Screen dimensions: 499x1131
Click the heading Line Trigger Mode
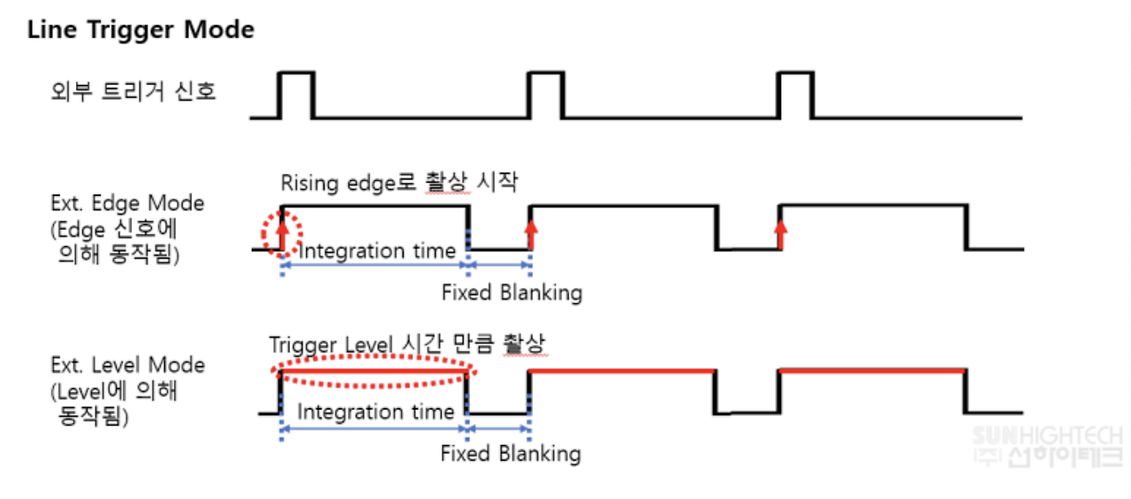pos(140,30)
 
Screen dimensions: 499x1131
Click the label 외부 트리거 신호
pos(133,91)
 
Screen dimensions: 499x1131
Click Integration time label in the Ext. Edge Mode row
pos(378,251)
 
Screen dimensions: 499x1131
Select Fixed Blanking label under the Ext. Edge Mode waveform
pos(512,292)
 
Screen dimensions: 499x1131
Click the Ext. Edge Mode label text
pos(127,203)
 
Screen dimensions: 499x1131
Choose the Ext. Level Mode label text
pos(127,366)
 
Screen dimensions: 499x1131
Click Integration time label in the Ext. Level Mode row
pos(376,412)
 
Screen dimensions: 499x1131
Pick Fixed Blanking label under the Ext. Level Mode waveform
pos(511,454)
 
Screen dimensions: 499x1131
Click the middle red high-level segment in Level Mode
pos(621,371)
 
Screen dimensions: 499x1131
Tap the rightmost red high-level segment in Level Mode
pos(871,371)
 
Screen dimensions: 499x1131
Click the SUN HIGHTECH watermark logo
pos(1047,447)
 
